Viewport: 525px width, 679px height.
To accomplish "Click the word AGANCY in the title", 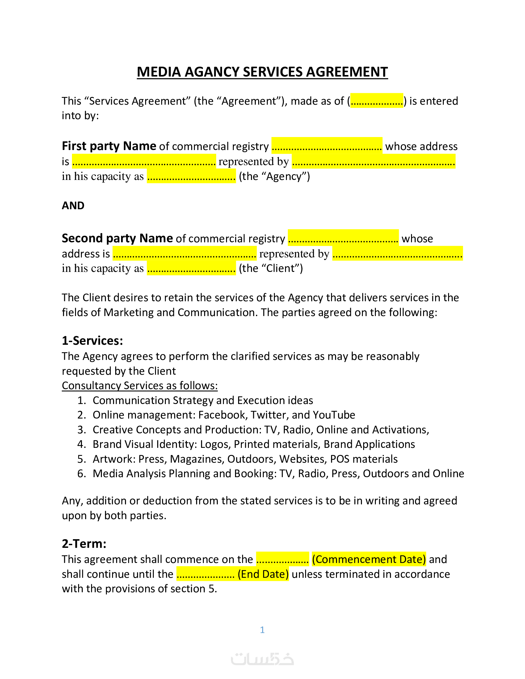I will pos(212,72).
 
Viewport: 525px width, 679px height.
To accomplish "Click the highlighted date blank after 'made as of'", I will pos(376,101).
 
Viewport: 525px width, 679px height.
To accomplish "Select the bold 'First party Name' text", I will pos(109,146).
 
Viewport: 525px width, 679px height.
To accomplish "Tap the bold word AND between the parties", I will pos(73,206).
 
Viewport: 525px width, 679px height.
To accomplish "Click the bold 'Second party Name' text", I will pos(117,239).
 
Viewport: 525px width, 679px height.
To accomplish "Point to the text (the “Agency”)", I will pos(274,177).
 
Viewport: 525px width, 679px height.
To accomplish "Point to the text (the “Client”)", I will pos(271,268).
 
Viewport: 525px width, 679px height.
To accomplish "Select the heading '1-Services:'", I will pos(92,341).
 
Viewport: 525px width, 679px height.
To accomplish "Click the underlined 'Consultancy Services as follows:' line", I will pos(140,385).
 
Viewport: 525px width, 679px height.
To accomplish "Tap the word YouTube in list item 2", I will pos(334,415).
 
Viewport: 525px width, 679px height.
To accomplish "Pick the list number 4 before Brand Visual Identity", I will pos(82,444).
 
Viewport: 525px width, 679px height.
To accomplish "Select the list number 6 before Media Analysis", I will pos(82,473).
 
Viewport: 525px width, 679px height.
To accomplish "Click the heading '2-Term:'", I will pos(84,544).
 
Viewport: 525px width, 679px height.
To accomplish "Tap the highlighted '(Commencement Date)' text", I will pos(369,559).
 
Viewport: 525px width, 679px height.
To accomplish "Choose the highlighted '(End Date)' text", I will pos(263,574).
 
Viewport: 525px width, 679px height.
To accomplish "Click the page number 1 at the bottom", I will pos(262,630).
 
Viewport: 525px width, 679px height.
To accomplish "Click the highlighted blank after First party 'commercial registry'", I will pos(326,146).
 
